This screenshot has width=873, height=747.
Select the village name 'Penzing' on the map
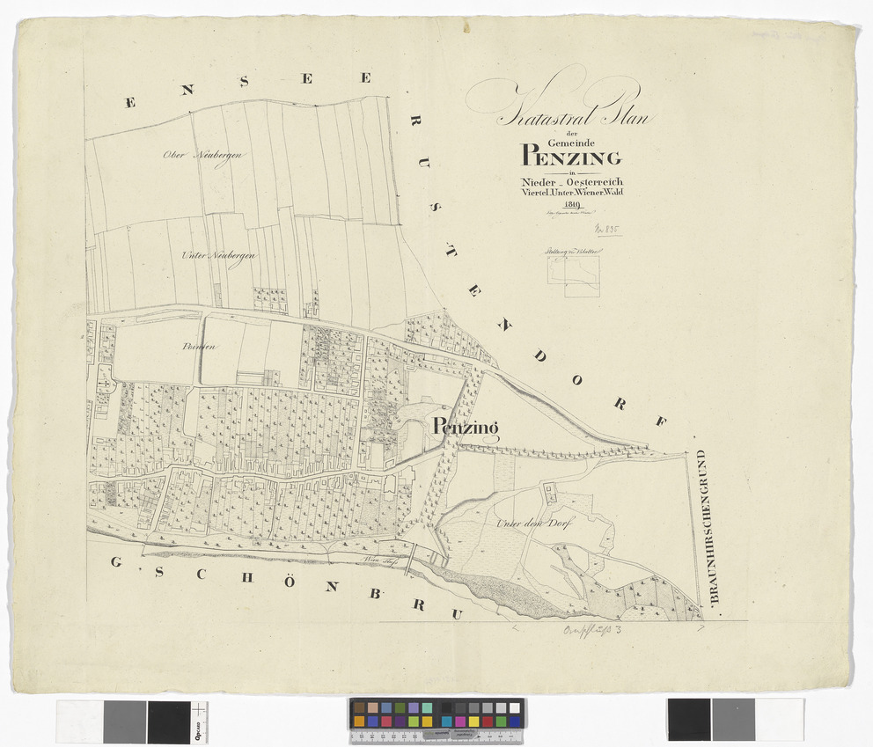pyautogui.click(x=466, y=428)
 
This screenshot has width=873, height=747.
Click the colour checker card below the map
pyautogui.click(x=436, y=715)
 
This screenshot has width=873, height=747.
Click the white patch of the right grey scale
pyautogui.click(x=779, y=720)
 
